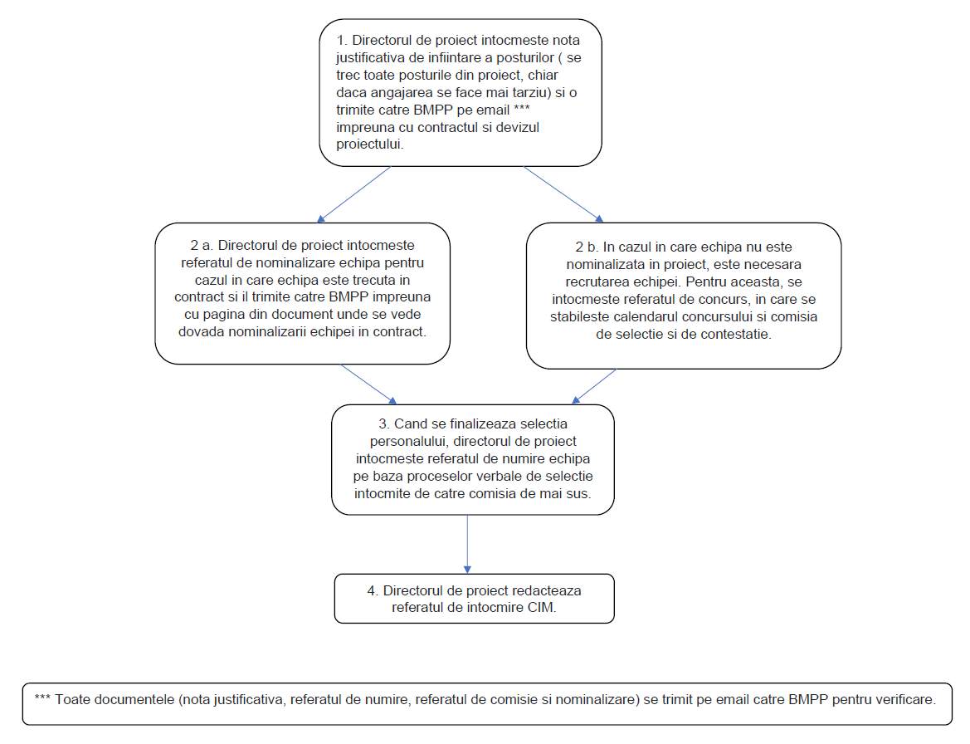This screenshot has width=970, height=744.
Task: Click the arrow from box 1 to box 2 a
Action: click(353, 194)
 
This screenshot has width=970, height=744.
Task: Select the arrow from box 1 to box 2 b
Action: click(563, 194)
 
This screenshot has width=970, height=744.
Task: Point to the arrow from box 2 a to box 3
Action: click(368, 384)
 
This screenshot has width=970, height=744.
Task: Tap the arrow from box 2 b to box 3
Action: click(594, 387)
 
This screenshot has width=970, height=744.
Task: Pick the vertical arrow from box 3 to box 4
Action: click(467, 544)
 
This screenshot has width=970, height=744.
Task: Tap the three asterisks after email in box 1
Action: click(521, 108)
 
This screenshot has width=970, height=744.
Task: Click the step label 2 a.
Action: click(201, 246)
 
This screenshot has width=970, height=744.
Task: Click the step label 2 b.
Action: click(587, 247)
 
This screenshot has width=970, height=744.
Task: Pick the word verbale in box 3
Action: click(519, 477)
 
